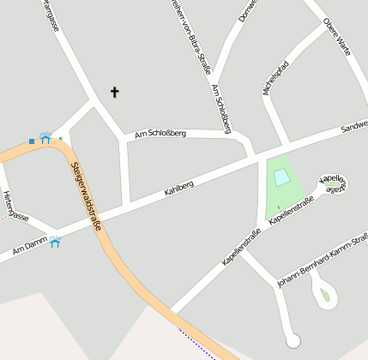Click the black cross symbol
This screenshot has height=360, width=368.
click(115, 92)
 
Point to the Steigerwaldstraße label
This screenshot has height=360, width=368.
click(87, 197)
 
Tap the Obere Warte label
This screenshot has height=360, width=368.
click(337, 37)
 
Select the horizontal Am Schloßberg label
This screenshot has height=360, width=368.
click(154, 134)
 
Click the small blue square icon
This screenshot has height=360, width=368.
click(32, 141)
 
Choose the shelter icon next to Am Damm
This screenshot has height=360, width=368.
click(55, 243)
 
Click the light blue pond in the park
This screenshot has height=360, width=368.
click(281, 177)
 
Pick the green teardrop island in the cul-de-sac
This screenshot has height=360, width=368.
click(324, 297)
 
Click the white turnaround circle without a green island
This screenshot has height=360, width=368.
click(293, 341)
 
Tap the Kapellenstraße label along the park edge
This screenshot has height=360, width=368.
click(290, 209)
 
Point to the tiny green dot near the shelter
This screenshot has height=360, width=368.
click(60, 138)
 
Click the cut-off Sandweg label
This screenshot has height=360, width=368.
click(353, 125)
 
